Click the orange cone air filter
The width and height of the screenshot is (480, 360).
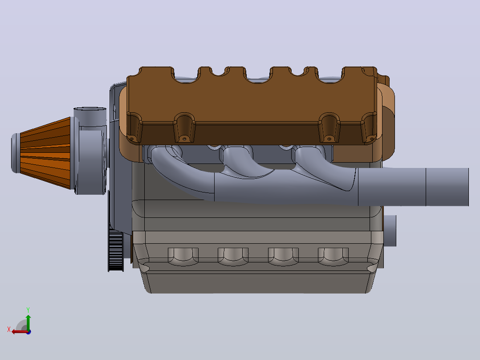pos(45,152)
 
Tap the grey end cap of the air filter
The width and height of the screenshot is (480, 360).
pos(16,153)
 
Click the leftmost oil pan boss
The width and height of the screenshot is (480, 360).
pos(183,257)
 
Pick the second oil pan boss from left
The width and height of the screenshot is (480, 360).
pos(233,257)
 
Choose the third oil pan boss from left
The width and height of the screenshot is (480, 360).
pos(283,257)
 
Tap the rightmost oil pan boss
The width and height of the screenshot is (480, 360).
pos(333,257)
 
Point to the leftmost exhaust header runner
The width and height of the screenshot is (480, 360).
pos(181,172)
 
